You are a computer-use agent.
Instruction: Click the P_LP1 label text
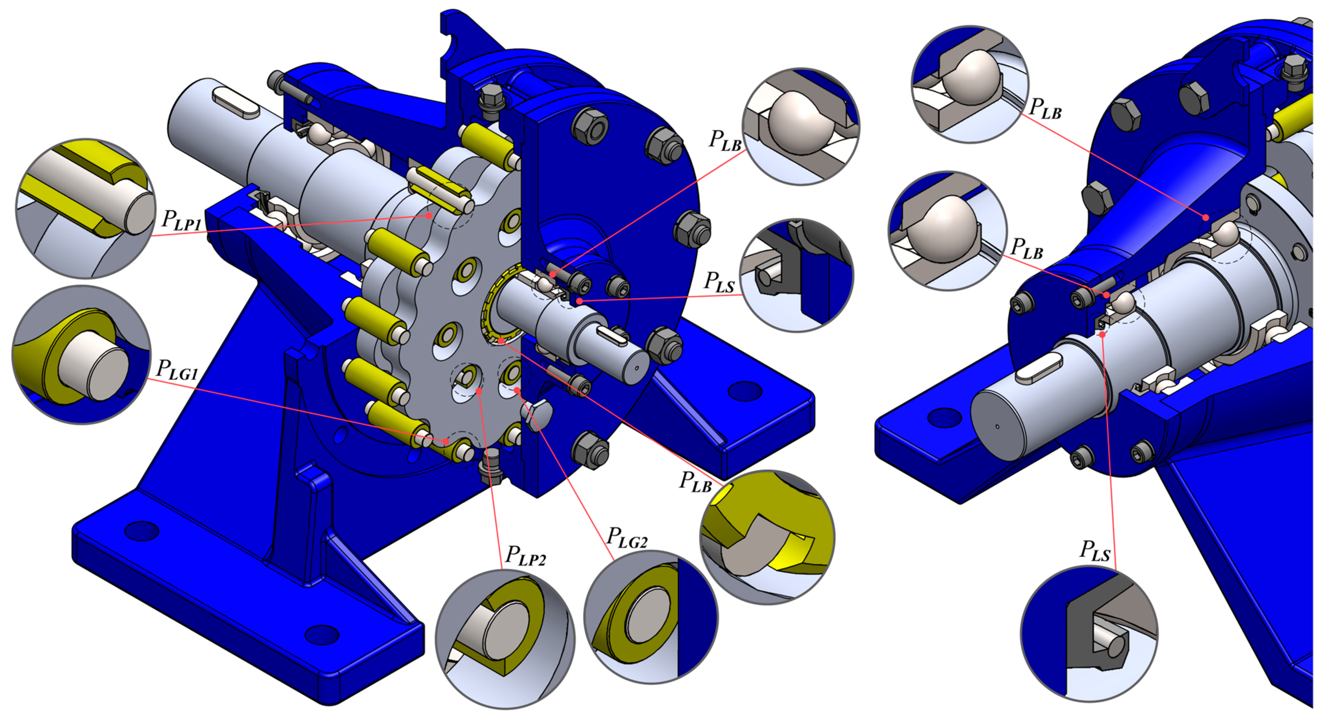(181, 220)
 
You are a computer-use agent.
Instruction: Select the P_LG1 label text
(177, 369)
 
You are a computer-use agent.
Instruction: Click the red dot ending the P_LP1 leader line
(428, 216)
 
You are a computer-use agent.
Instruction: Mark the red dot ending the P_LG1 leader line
(446, 441)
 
